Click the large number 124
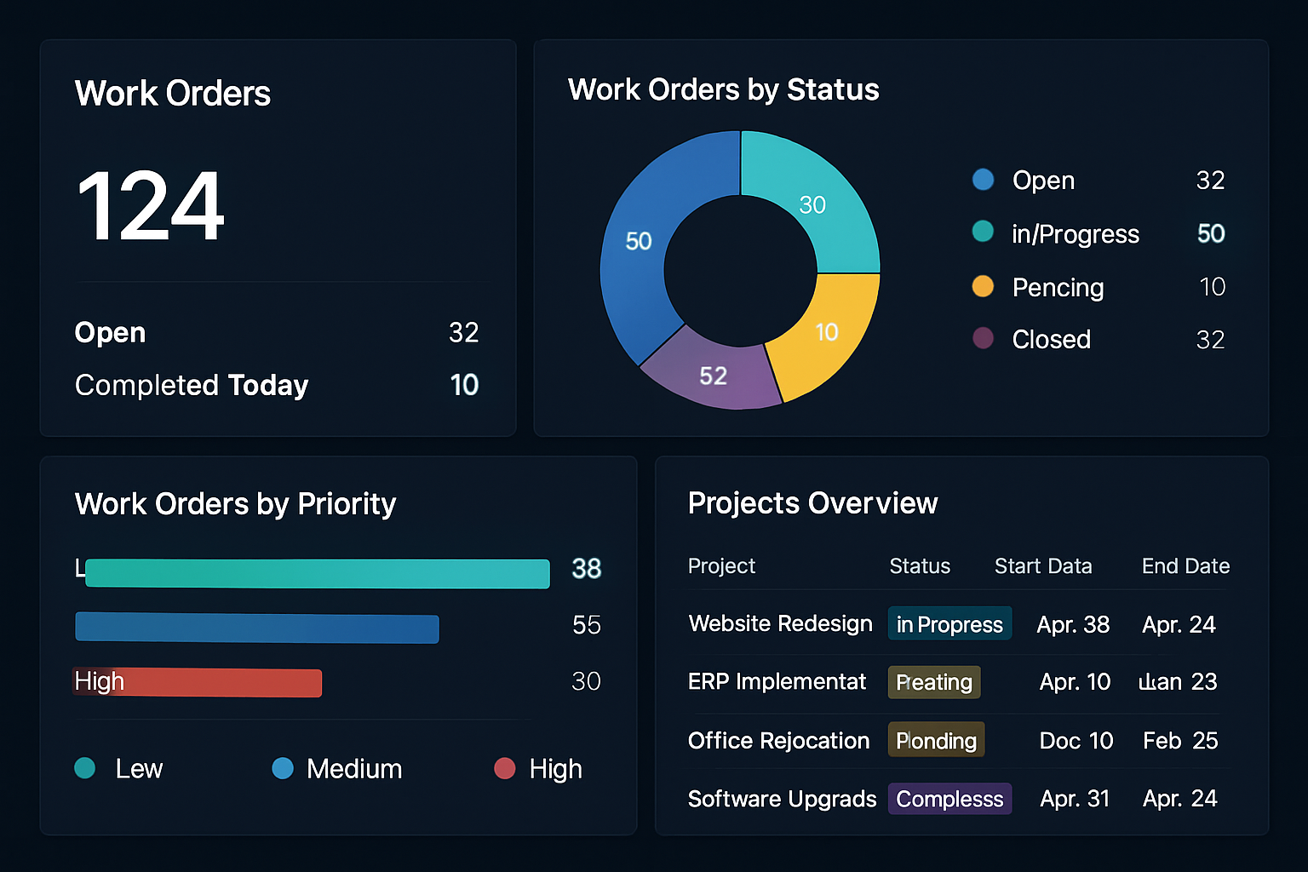tap(150, 206)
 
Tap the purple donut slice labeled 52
tap(712, 375)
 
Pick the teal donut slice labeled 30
tap(812, 204)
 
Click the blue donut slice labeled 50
tap(638, 242)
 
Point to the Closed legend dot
tap(983, 339)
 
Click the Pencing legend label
tap(1058, 288)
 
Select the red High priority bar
tap(198, 682)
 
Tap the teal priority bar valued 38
tap(317, 573)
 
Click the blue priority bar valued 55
tap(256, 628)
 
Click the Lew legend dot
tap(85, 769)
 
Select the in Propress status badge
tap(949, 624)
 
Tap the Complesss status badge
tap(949, 799)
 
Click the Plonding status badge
tap(936, 740)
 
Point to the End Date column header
tap(1185, 566)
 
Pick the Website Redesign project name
tap(780, 624)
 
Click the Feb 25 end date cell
tap(1180, 741)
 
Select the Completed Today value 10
tap(464, 385)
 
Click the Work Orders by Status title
tap(723, 89)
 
